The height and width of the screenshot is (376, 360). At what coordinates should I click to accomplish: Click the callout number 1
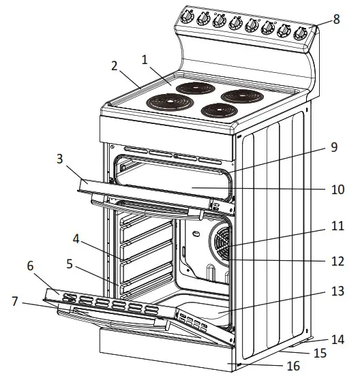(144, 59)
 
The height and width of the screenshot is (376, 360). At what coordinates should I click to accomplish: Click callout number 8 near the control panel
(337, 20)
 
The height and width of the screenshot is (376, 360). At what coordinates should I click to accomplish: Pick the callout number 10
(337, 189)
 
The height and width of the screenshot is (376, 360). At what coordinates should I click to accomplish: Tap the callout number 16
(293, 366)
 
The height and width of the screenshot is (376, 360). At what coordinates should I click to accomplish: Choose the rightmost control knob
(301, 33)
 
